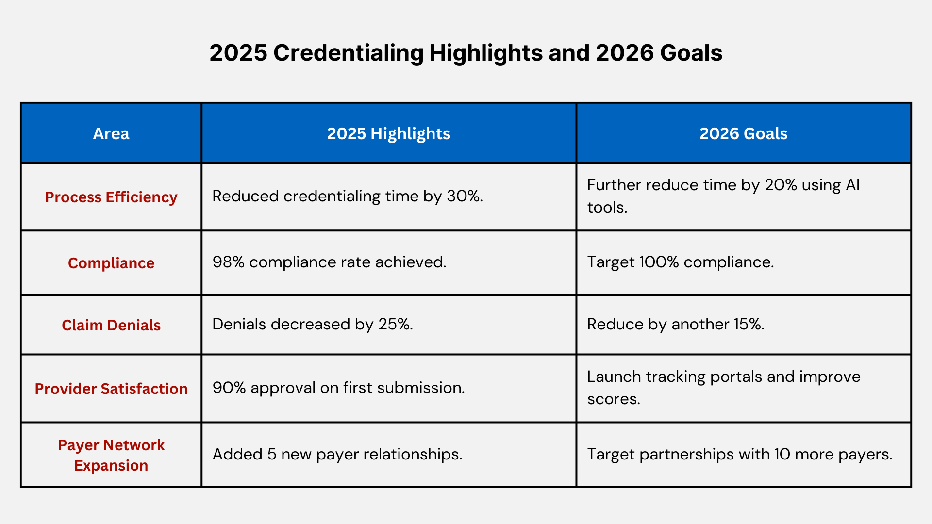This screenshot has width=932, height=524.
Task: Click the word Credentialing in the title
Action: coord(348,53)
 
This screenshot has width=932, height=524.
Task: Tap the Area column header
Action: coord(111,133)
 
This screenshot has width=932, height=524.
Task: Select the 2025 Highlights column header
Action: coord(388,133)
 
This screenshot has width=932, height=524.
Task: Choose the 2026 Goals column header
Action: coord(743,133)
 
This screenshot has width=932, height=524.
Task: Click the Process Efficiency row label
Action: coord(111,197)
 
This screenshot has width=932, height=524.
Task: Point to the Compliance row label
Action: coord(111,263)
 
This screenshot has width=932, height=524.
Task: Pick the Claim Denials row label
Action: coord(111,325)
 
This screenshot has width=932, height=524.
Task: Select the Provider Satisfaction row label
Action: coord(111,389)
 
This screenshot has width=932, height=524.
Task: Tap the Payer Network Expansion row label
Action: coord(111,455)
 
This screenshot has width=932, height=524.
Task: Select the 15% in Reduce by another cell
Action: coord(749,324)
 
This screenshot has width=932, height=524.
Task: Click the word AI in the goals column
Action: coord(852,185)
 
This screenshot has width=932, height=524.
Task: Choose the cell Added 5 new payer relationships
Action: coord(337,454)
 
